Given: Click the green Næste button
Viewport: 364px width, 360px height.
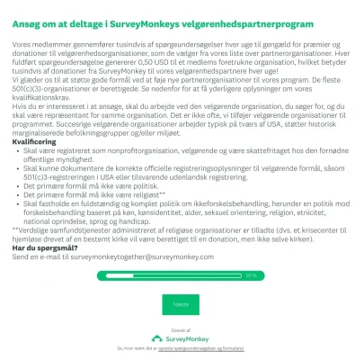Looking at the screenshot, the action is click(x=182, y=303).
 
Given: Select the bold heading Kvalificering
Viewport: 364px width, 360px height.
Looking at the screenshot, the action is click(x=35, y=141).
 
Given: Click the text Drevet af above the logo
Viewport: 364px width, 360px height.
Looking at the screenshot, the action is click(x=182, y=328).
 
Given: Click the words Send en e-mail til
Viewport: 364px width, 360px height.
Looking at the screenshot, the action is click(x=40, y=256).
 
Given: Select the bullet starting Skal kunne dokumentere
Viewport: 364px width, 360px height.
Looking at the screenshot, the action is click(x=180, y=166).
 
